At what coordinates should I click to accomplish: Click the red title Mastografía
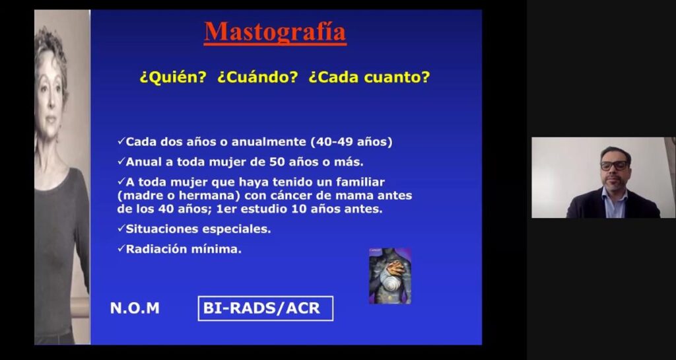point(275,32)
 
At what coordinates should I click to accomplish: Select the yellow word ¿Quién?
point(174,77)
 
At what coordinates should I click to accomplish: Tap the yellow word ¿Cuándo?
point(257,77)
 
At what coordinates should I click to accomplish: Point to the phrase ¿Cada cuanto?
point(369,77)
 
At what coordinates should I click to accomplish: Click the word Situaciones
point(162,229)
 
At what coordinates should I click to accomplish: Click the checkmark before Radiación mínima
point(121,248)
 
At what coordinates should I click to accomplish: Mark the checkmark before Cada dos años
point(121,141)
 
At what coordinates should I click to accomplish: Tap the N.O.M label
point(135,308)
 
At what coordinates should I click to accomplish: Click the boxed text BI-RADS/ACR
point(265,308)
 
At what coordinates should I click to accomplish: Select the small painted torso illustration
point(389,276)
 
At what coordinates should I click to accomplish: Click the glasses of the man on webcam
point(614,166)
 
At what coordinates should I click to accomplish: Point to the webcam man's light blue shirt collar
point(615,196)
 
